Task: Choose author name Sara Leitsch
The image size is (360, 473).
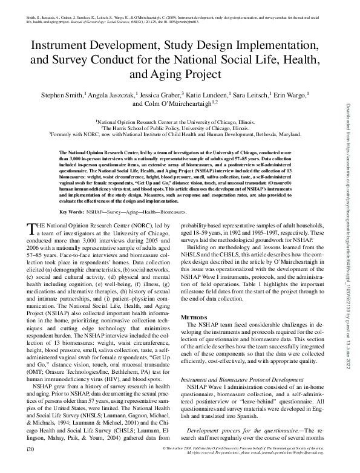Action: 257,95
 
